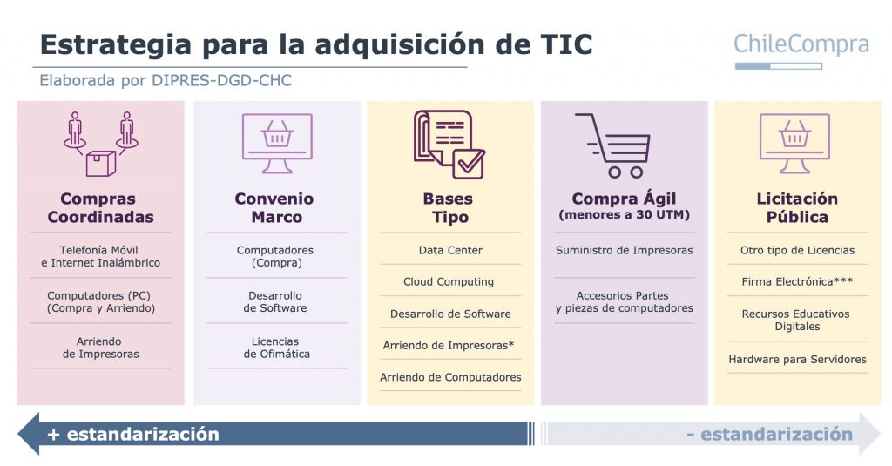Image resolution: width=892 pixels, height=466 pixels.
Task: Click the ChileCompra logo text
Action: tap(801, 45)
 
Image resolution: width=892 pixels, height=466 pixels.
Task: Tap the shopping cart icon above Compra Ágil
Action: tap(614, 145)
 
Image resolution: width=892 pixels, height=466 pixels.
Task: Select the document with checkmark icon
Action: tap(449, 145)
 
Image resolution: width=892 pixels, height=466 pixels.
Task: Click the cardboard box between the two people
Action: tap(101, 163)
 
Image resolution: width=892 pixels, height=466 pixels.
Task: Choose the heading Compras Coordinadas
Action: tap(101, 207)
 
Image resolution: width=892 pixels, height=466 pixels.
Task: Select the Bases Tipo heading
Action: tap(449, 207)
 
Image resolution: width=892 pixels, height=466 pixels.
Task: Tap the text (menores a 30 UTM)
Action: tap(624, 215)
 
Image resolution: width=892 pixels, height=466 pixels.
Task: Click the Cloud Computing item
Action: tap(449, 281)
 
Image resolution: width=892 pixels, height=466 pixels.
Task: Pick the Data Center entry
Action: tap(450, 250)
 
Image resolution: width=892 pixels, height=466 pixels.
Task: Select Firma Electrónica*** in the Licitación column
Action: tap(797, 281)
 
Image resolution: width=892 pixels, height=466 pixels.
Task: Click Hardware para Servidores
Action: tap(797, 359)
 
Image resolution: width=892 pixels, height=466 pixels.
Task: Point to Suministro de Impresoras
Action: tap(624, 250)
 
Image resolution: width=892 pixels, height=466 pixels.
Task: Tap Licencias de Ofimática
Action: tap(276, 348)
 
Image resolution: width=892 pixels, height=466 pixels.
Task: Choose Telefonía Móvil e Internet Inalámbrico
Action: tap(100, 256)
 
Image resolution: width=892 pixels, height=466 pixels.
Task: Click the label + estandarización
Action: tap(133, 435)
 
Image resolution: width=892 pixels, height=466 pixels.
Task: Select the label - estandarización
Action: tap(770, 435)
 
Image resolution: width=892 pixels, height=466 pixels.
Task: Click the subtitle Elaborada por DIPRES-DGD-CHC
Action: tap(165, 80)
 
